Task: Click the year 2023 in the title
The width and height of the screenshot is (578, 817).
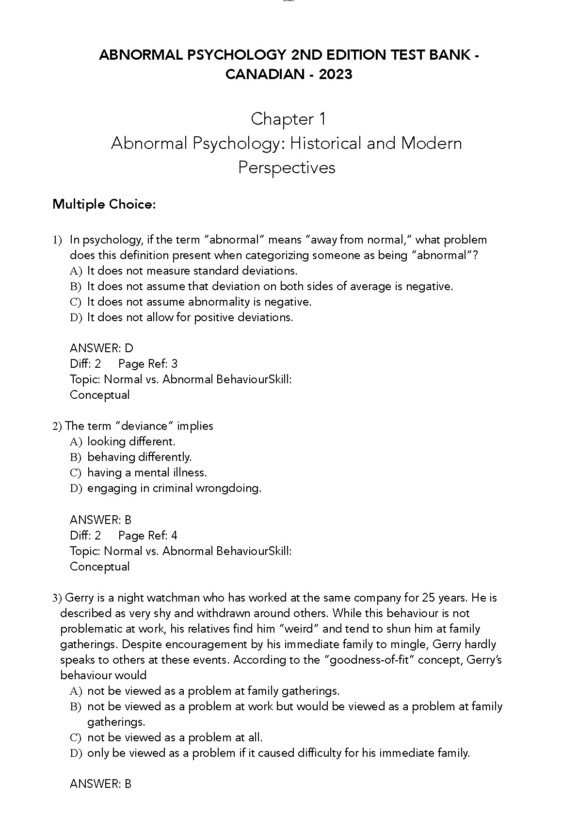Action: (336, 74)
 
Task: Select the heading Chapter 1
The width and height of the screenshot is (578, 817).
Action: (289, 119)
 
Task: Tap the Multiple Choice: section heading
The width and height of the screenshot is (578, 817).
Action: (104, 204)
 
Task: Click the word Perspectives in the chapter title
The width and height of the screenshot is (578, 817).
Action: (287, 167)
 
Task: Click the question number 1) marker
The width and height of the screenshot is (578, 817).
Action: (58, 240)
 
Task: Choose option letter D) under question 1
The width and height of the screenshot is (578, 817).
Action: (76, 318)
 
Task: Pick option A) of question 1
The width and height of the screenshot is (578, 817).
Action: (76, 271)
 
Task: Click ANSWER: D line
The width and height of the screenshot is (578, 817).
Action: (101, 348)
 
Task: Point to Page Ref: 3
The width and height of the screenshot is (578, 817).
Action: (148, 364)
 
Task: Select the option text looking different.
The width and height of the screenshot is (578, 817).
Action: (131, 441)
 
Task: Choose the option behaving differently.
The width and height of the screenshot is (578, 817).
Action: (140, 457)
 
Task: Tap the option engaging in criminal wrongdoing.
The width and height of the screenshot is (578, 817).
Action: (174, 488)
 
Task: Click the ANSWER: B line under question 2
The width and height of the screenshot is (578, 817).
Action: (100, 520)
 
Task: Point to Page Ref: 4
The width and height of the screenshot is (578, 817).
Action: (148, 536)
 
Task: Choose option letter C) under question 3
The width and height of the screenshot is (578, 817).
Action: (75, 738)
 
